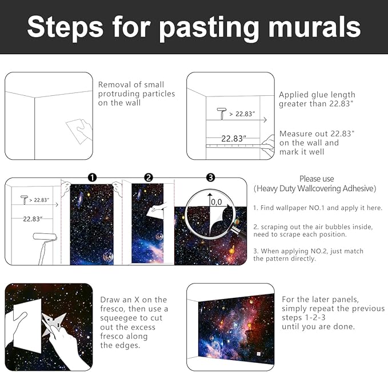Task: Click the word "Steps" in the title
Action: [x=63, y=27]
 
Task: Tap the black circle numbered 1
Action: [x=92, y=177]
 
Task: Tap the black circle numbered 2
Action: [x=149, y=177]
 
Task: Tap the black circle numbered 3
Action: [x=210, y=177]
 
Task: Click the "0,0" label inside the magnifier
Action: [x=216, y=201]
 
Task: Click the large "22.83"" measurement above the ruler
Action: [x=233, y=138]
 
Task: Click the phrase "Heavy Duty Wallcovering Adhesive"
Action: [x=315, y=188]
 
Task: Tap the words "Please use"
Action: [x=317, y=179]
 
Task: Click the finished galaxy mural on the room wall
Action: [x=236, y=327]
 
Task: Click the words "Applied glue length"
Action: [x=317, y=95]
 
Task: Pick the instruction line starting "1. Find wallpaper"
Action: [x=317, y=208]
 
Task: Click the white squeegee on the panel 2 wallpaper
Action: [x=156, y=212]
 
